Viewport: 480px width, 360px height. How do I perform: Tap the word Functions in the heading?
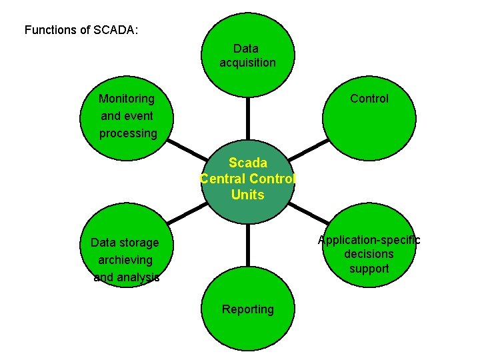pos(50,30)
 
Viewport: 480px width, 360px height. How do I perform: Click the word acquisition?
pos(247,63)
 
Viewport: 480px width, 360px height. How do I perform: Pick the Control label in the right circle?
pos(369,99)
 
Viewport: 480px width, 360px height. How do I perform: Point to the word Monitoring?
pos(126,99)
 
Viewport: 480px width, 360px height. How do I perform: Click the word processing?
pos(128,133)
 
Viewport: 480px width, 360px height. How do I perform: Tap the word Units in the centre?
pos(248,195)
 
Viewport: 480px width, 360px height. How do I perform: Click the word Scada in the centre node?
pos(248,163)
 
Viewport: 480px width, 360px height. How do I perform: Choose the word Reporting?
pos(248,309)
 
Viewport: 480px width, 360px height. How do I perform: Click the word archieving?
pos(125,260)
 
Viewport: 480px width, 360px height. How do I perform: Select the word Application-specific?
pos(369,240)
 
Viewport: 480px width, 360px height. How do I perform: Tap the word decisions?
pos(369,254)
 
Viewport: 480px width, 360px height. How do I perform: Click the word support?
pos(369,269)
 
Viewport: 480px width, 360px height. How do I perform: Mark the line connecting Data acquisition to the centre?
pos(247,119)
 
